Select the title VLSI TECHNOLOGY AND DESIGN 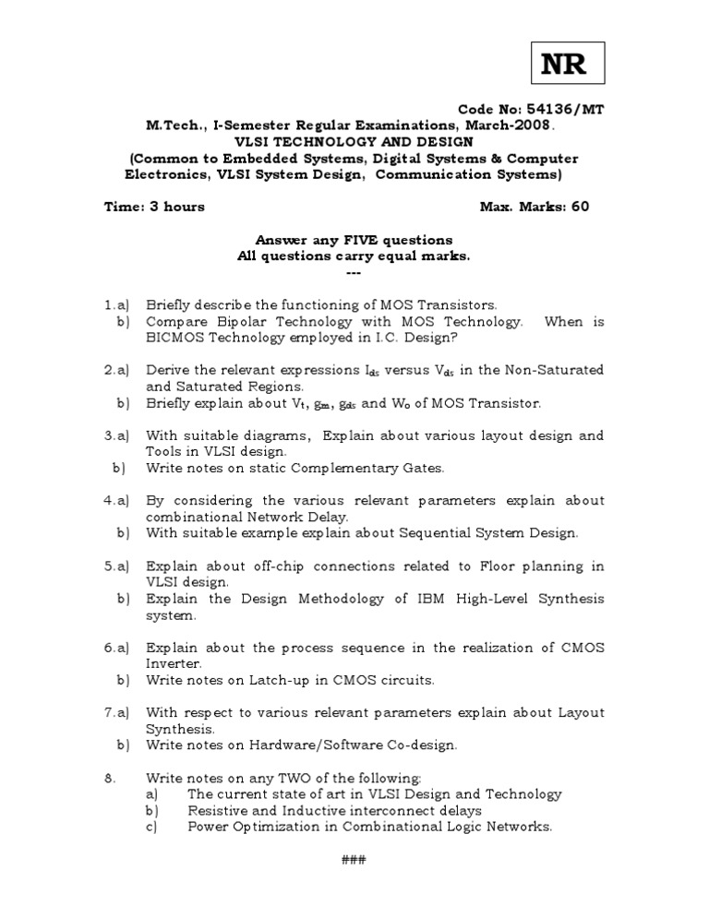(354, 141)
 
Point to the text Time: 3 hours (153, 207)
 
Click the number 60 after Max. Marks (580, 207)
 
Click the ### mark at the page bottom (354, 860)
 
